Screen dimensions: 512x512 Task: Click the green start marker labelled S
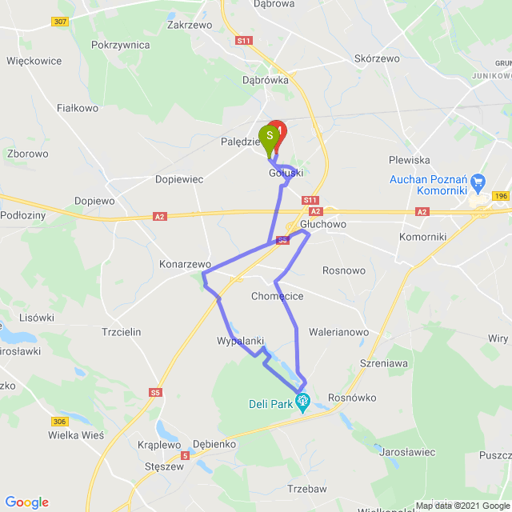click(x=270, y=136)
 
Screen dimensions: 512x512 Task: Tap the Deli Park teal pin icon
click(x=302, y=401)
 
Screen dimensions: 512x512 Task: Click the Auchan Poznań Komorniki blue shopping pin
click(x=478, y=182)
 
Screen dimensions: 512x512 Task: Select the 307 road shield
click(x=59, y=22)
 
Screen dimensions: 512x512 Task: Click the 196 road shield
click(x=502, y=196)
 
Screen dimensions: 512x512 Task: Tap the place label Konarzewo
click(x=184, y=264)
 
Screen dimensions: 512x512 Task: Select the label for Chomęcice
click(x=277, y=297)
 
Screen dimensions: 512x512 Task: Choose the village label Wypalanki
click(x=240, y=341)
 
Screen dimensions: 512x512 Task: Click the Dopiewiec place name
click(x=179, y=180)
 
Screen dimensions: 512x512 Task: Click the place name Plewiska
click(x=410, y=160)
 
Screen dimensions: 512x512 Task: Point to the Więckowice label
click(x=34, y=60)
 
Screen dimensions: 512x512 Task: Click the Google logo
click(x=26, y=502)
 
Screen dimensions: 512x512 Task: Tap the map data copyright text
click(x=462, y=506)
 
